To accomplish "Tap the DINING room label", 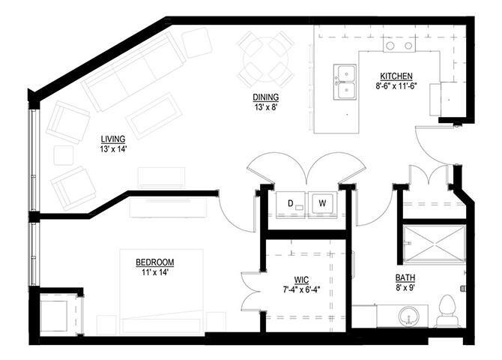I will [x=266, y=97].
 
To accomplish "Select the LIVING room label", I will [x=112, y=139].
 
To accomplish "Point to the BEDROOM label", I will [x=154, y=262].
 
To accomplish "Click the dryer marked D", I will [x=290, y=202].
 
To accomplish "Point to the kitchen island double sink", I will [x=345, y=82].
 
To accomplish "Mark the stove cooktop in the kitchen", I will [x=400, y=46].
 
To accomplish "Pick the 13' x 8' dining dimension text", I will [x=266, y=106].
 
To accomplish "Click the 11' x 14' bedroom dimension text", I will [x=154, y=272].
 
